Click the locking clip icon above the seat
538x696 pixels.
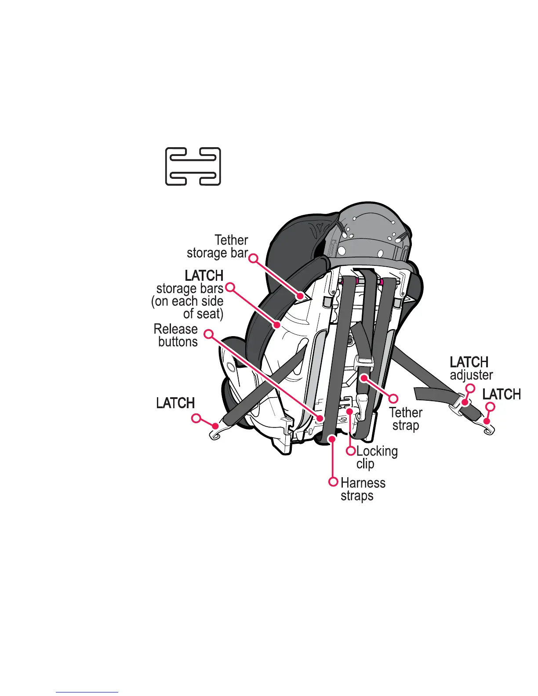click(193, 166)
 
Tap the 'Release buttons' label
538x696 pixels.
click(176, 335)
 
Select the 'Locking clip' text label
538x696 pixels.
click(376, 457)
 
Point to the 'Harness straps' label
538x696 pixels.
click(363, 489)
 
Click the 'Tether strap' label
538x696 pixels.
click(405, 419)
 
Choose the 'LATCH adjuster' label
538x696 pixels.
click(471, 368)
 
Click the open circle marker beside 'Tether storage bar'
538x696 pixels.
click(254, 258)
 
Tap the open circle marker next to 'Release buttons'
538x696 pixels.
click(209, 334)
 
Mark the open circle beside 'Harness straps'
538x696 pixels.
click(334, 482)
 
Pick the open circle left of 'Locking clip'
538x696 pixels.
click(351, 451)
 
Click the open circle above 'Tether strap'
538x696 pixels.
click(393, 399)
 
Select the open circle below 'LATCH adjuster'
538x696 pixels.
click(470, 388)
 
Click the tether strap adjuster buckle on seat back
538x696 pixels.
click(363, 363)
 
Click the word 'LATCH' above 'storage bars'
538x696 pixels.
click(204, 275)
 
